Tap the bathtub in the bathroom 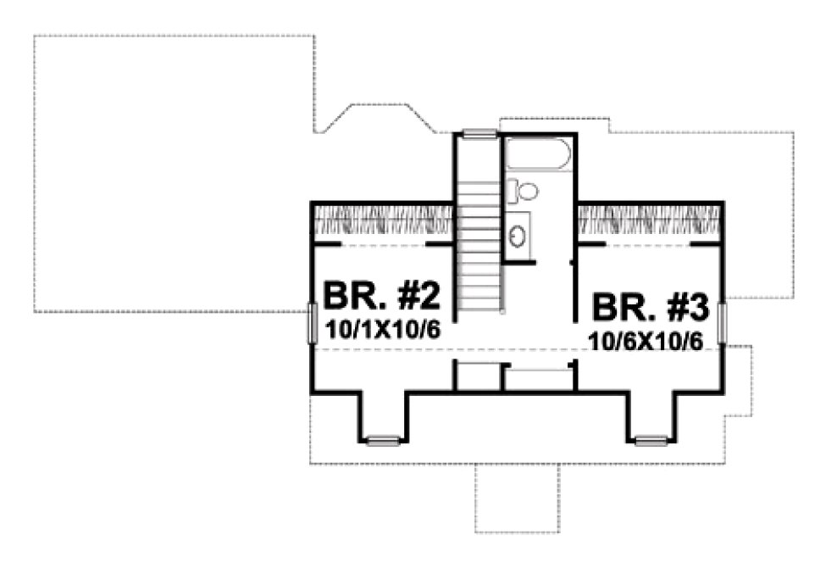(x=539, y=158)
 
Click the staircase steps (x=480, y=254)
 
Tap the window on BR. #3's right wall (x=723, y=323)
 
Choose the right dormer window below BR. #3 (x=651, y=440)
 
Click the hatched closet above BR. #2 (x=382, y=223)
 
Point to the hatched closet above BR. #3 (x=650, y=223)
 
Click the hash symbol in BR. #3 (x=668, y=309)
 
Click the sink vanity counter (x=518, y=233)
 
